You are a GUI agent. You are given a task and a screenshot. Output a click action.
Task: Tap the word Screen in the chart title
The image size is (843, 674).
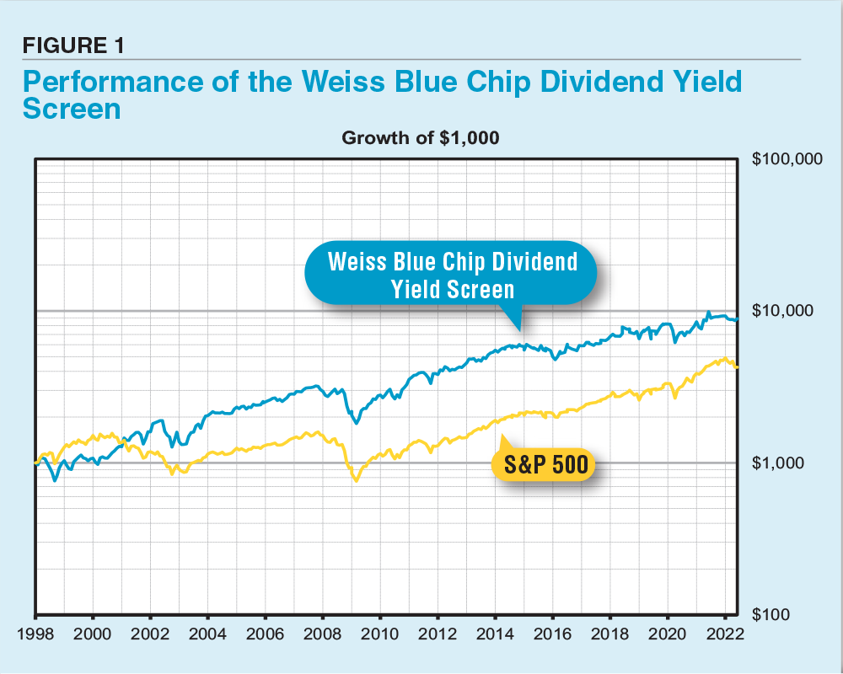coord(72,110)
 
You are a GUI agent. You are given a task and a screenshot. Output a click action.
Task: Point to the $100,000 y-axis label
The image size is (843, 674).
coord(786,159)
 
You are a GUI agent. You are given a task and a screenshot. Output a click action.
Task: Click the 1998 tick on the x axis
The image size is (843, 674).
coord(35,634)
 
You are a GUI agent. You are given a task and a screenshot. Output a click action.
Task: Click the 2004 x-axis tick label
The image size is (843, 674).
coord(207,634)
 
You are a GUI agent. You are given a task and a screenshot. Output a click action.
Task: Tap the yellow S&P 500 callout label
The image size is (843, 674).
coord(541,463)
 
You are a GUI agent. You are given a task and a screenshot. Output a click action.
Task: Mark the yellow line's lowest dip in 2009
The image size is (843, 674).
coord(356,480)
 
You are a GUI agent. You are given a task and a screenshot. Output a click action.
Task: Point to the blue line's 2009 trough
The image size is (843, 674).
coord(357,422)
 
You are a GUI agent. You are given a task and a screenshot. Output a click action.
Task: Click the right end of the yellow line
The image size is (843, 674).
coord(738,366)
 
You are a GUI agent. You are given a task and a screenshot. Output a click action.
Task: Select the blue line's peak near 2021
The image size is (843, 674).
coord(709,312)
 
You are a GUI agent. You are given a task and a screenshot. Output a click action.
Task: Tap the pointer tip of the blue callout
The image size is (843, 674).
coord(519,329)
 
